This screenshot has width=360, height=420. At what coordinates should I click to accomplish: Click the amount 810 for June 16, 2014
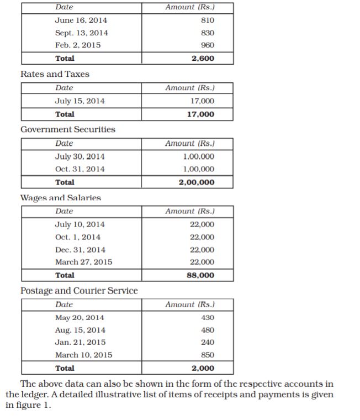[x=208, y=20]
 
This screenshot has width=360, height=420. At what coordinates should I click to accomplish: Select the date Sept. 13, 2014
[x=82, y=33]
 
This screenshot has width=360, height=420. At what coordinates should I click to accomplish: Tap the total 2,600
[x=203, y=58]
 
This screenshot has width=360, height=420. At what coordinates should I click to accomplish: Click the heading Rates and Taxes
[x=55, y=74]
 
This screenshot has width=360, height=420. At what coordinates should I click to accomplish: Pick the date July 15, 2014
[x=80, y=101]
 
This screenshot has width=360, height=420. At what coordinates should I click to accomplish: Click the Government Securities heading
[x=68, y=129]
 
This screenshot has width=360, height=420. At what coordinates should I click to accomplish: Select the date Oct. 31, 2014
[x=80, y=169]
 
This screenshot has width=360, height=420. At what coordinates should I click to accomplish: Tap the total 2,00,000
[x=197, y=182]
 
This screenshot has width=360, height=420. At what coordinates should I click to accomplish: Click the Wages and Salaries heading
[x=61, y=198]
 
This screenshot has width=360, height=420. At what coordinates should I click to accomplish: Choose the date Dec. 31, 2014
[x=80, y=250]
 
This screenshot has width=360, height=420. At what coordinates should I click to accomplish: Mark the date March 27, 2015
[x=83, y=262]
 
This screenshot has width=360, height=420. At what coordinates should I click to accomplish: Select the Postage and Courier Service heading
[x=79, y=291]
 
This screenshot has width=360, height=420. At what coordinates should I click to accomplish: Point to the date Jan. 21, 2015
[x=80, y=343]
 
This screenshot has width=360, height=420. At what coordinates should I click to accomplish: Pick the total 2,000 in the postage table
[x=203, y=369]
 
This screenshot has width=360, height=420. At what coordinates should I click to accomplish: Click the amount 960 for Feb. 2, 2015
[x=208, y=45]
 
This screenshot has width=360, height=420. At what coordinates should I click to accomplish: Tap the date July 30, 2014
[x=80, y=156]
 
